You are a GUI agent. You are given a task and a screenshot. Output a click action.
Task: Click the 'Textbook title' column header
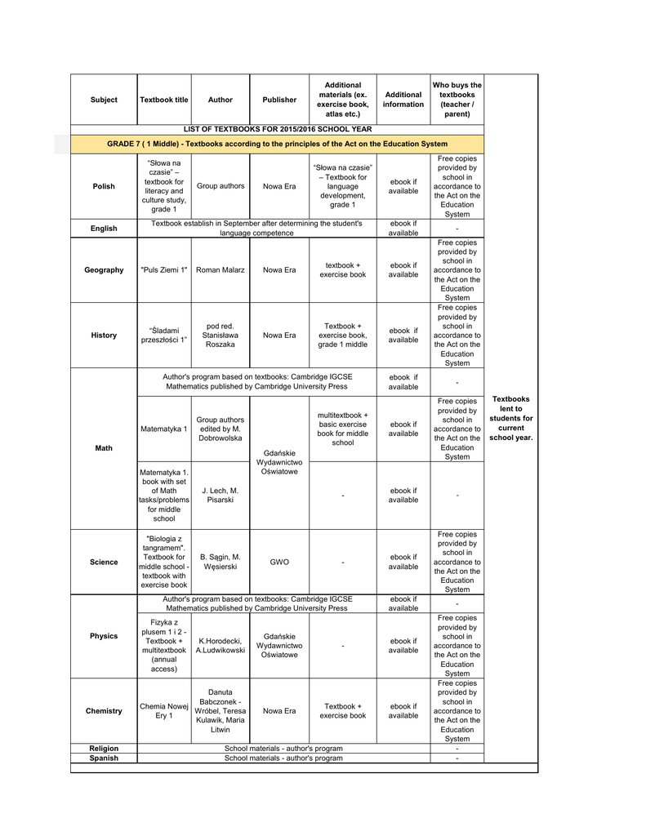[163, 100]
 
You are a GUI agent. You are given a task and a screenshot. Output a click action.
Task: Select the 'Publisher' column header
[279, 100]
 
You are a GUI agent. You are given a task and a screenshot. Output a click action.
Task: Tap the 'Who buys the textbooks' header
[457, 100]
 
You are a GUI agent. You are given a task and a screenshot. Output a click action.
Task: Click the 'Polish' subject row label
[104, 186]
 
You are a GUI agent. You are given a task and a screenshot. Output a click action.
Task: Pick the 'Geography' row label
[104, 270]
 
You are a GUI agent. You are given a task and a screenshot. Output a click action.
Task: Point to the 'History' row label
[104, 336]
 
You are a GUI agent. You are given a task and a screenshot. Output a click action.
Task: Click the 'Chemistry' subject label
[104, 711]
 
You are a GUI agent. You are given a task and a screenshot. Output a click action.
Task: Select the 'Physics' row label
[104, 636]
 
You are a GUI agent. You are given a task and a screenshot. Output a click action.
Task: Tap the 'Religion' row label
[104, 749]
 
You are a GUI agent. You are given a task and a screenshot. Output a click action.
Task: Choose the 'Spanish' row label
[104, 758]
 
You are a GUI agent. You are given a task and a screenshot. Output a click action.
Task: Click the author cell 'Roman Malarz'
[220, 270]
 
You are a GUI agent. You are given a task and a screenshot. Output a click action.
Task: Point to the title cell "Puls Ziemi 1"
[163, 270]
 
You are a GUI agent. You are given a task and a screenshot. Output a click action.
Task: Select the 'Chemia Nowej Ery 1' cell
[163, 711]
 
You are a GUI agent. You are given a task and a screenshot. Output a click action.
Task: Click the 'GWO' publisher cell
[279, 563]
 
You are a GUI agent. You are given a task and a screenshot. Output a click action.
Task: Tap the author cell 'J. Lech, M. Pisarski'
[220, 496]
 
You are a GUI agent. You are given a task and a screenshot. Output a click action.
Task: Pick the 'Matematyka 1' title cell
[163, 429]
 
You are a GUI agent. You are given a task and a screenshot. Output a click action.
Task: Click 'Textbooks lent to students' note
[510, 418]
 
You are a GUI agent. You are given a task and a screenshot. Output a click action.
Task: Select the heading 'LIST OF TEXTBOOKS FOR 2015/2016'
[278, 129]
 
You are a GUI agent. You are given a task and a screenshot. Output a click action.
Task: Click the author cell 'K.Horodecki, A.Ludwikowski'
[220, 646]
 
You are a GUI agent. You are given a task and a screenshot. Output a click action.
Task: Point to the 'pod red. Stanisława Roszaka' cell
[220, 336]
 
